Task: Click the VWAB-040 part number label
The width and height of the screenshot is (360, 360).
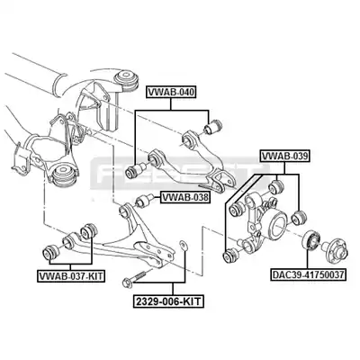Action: coord(171,92)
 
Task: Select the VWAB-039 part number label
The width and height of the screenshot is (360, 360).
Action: coord(284,156)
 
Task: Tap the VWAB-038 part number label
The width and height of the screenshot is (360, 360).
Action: coord(184,197)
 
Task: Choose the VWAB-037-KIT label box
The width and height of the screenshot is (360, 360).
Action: coord(71,276)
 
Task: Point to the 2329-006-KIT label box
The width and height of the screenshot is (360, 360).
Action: coord(168,301)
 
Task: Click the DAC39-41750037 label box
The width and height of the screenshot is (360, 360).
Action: coord(308,274)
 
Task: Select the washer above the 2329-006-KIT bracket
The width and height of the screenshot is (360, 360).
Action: coord(183,245)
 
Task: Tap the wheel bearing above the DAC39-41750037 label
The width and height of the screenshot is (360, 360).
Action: coord(310,239)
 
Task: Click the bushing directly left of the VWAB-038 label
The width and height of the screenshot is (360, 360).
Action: coord(145,201)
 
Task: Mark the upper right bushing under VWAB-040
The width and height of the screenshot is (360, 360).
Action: coord(212,126)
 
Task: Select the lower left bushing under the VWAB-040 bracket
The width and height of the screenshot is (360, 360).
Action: coord(135,170)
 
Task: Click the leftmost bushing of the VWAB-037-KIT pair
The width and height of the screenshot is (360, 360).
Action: coord(51,253)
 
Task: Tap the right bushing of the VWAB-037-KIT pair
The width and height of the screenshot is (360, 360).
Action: coord(89,230)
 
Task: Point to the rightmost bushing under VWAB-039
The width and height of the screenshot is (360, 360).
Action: coord(299,217)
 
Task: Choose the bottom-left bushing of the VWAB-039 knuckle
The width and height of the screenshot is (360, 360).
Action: coord(231,255)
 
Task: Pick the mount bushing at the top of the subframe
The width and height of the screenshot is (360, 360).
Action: coord(127,79)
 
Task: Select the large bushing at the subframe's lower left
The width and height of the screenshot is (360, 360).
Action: coord(64,175)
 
